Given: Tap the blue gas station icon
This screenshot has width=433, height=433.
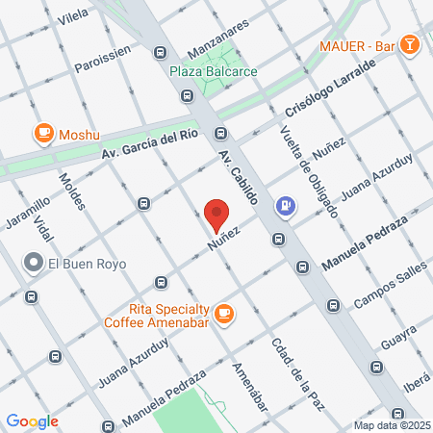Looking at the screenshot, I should (x=286, y=205).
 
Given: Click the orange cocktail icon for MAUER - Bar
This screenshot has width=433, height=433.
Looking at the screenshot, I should (x=409, y=44).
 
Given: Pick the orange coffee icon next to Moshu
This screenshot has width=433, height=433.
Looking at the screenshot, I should (x=43, y=134).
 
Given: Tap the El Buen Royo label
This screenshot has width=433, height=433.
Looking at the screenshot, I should (x=88, y=262).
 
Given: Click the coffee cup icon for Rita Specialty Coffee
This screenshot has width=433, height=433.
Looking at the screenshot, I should (x=224, y=312).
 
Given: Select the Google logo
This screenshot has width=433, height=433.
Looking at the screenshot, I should (x=32, y=420).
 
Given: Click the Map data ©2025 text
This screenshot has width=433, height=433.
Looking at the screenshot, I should (x=391, y=425).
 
